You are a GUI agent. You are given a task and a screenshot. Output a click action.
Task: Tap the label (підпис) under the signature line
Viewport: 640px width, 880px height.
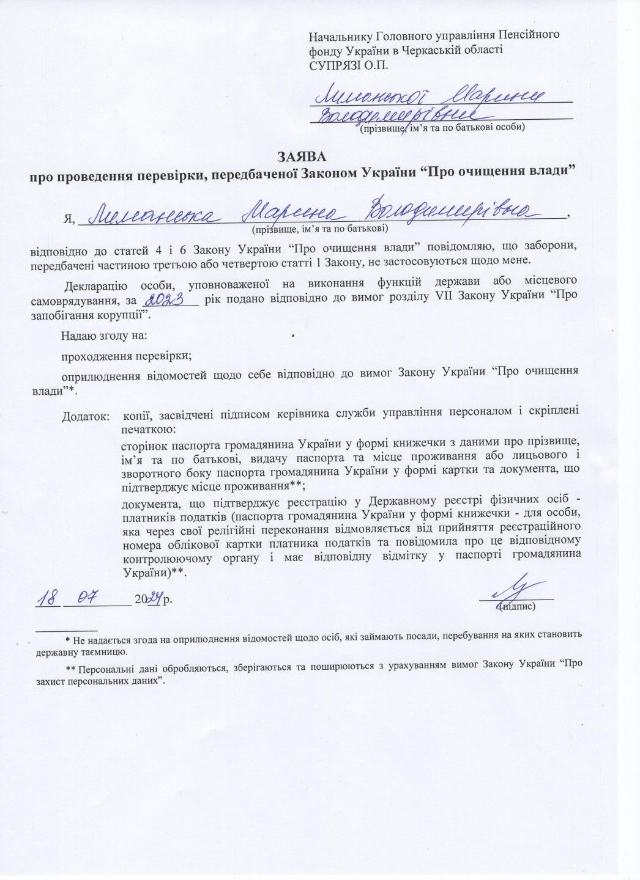pos(517,607)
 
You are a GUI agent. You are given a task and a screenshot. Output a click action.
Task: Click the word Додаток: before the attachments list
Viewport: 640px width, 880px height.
pos(86,417)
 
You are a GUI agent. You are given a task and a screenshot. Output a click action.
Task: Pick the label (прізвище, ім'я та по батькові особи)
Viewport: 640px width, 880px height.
pos(442,128)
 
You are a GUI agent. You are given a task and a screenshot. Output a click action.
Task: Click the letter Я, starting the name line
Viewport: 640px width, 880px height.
pos(69,219)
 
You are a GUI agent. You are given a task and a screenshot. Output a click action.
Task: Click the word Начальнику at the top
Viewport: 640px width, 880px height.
pos(342,36)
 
